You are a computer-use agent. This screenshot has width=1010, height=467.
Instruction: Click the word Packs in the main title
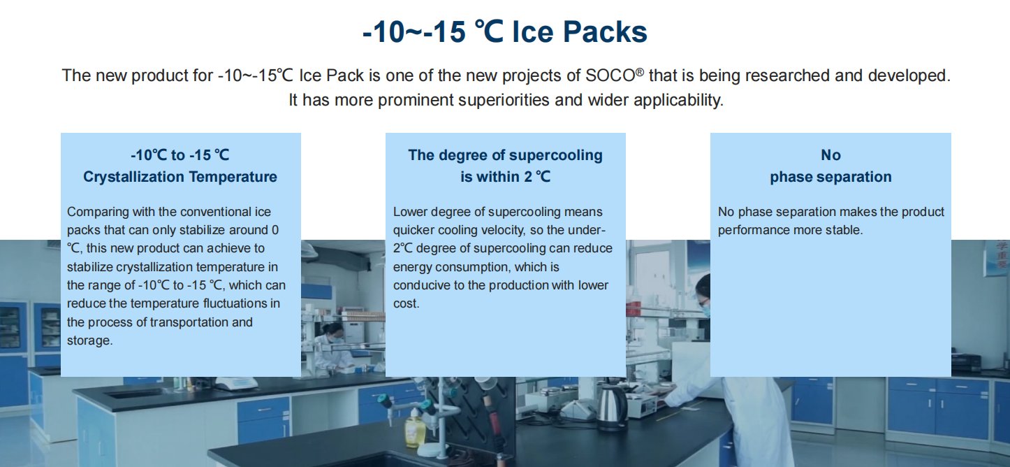(x=605, y=32)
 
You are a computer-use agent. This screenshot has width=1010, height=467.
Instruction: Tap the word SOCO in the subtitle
(x=610, y=76)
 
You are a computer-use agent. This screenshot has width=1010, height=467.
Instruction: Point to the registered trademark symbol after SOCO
(x=640, y=71)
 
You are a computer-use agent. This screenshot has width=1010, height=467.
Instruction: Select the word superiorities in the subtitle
(x=504, y=100)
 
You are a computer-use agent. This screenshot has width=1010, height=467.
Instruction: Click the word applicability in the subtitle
(x=678, y=100)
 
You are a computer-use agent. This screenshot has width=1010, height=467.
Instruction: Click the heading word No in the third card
(x=830, y=155)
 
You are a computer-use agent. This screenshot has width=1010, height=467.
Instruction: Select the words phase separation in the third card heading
(x=830, y=177)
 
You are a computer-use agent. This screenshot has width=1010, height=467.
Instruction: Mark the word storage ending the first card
(x=89, y=340)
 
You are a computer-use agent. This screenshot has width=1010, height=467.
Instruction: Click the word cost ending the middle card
(x=407, y=303)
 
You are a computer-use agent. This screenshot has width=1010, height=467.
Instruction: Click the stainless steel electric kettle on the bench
(x=612, y=408)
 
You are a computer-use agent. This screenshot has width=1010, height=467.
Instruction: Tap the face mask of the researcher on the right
(x=705, y=310)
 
